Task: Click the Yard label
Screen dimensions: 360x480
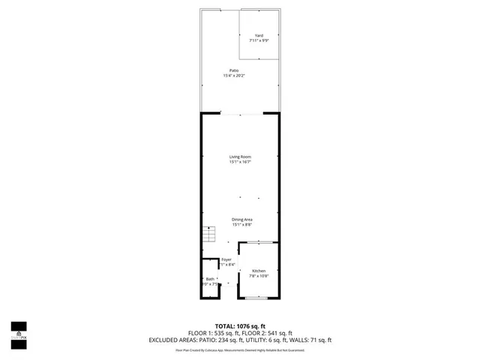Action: [x=259, y=35]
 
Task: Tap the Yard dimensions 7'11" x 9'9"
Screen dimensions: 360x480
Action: [x=259, y=40]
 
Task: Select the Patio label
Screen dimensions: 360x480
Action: [x=234, y=70]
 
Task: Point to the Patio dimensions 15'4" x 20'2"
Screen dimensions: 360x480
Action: [x=234, y=76]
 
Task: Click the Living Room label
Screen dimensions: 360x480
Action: [x=240, y=157]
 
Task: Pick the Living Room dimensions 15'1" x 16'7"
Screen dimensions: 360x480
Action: [x=240, y=162]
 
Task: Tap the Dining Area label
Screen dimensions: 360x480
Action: [x=241, y=219]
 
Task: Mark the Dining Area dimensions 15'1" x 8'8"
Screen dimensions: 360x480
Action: [x=241, y=224]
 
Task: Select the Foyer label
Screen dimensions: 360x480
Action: [x=226, y=259]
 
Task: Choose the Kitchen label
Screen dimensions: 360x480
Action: [x=258, y=270]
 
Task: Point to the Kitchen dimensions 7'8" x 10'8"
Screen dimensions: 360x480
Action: [x=258, y=275]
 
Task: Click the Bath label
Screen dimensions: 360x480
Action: [x=210, y=279]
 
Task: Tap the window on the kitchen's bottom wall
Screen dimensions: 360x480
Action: [x=258, y=298]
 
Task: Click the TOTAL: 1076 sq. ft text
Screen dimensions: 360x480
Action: [x=240, y=325]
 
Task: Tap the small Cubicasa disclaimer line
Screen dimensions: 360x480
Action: [x=240, y=349]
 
